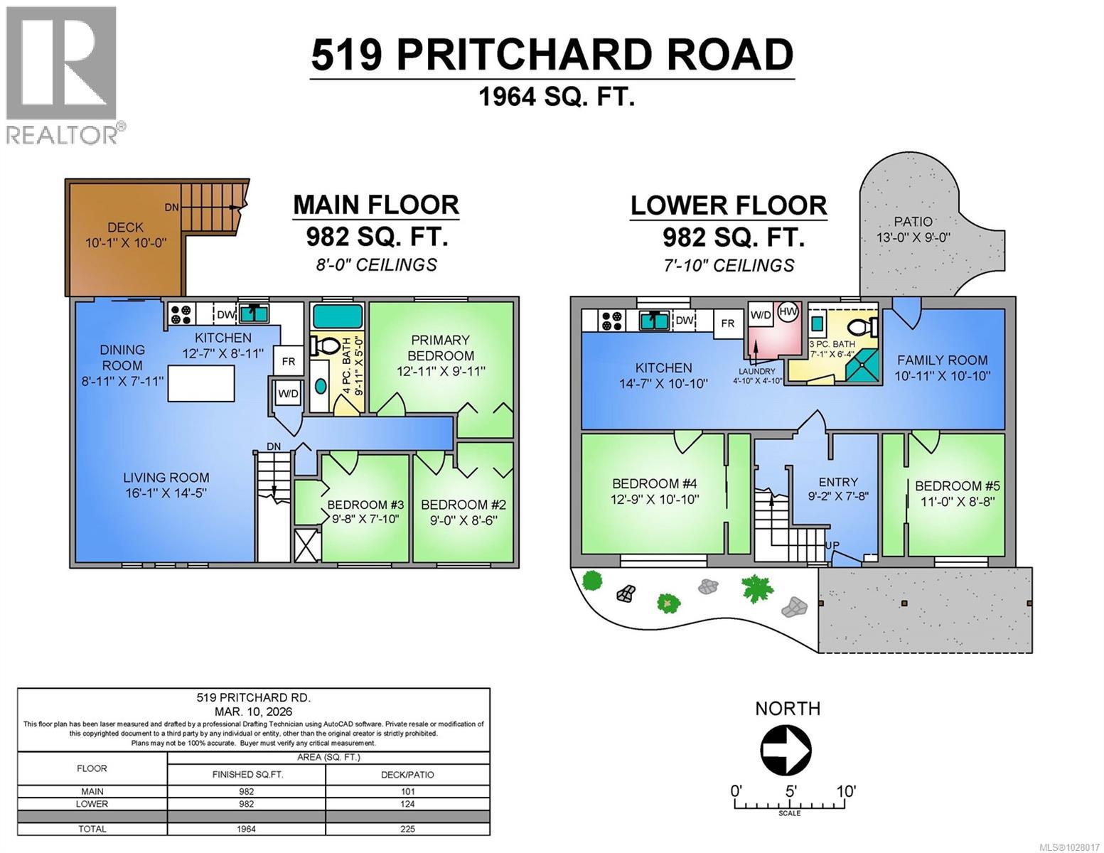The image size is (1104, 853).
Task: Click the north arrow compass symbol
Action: (786, 749)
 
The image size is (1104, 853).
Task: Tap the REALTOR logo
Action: (63, 75)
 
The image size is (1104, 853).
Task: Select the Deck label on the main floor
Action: (125, 235)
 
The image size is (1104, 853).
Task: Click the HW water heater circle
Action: (788, 312)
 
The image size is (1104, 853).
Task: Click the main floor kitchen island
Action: (201, 383)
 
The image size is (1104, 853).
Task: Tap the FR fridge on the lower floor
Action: (727, 323)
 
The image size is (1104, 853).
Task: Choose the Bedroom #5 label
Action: (957, 493)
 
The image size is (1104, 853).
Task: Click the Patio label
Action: (913, 229)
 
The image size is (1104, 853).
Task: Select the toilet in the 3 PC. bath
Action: (863, 326)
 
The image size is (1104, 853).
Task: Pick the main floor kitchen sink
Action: (252, 313)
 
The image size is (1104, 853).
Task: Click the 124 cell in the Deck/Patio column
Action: (407, 804)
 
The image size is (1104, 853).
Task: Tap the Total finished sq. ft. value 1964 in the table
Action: (246, 828)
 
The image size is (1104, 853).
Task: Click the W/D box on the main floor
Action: (288, 392)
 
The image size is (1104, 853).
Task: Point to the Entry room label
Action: (838, 489)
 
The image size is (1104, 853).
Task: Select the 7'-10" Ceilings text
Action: (728, 265)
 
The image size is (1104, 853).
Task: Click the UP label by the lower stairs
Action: (832, 545)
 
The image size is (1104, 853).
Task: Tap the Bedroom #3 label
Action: (365, 512)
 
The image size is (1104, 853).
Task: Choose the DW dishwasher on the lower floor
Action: (684, 321)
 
